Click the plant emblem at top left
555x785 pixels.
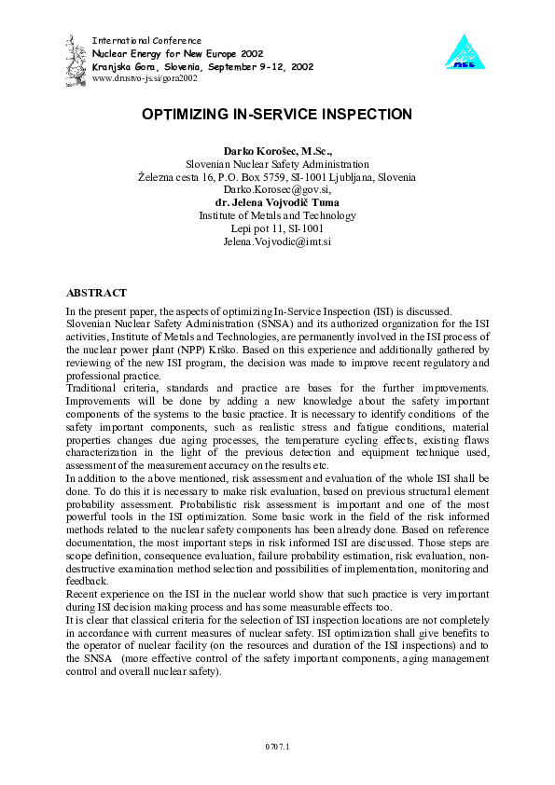tap(76, 55)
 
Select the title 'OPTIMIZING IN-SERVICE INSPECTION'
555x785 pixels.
tap(277, 115)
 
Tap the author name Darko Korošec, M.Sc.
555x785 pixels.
tap(277, 150)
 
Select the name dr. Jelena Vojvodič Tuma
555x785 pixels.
tap(277, 202)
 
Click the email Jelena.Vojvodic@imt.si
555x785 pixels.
tap(277, 241)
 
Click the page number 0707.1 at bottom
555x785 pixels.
tap(277, 746)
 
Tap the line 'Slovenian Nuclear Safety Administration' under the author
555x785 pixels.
tap(277, 163)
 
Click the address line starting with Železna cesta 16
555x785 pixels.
tap(277, 176)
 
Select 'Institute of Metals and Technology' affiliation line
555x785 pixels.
tap(277, 215)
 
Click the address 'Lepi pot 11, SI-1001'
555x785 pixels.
tap(277, 228)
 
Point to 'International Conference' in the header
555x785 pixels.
tap(146, 41)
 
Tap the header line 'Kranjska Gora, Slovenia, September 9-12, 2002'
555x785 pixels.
tap(202, 67)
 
